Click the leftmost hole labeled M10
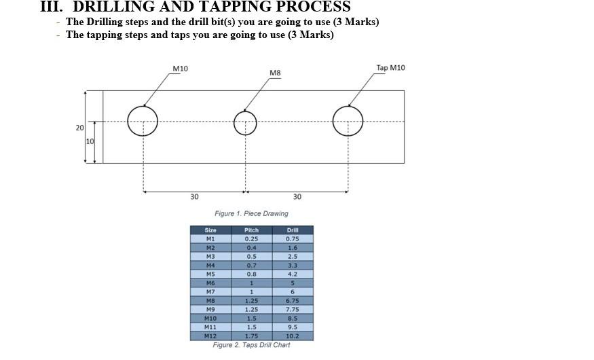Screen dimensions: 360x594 [143, 121]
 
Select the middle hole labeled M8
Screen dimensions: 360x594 [245, 122]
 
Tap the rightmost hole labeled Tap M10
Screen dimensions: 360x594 [348, 121]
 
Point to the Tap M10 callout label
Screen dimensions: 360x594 [390, 67]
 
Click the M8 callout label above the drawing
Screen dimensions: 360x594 [275, 73]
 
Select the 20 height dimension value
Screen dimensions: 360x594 [79, 128]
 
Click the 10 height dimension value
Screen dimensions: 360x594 [90, 141]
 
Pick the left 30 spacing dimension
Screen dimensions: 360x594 [194, 197]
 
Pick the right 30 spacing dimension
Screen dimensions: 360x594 [297, 197]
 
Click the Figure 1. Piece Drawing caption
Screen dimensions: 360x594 [251, 213]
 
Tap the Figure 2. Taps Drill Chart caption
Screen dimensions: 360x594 [251, 345]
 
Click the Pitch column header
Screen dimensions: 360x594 [251, 230]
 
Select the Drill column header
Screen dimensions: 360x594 [293, 230]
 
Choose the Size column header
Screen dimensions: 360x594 [210, 230]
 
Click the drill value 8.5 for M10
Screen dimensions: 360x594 [293, 318]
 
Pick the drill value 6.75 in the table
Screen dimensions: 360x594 [293, 300]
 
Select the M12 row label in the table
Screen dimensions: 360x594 [210, 336]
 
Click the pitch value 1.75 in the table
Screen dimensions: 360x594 [251, 336]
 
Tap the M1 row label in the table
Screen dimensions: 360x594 [210, 239]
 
